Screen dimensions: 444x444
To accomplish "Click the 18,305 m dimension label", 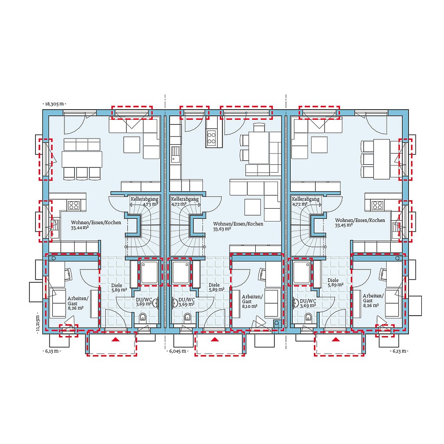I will [x=54, y=103].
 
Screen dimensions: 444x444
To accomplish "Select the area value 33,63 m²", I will [x=222, y=229].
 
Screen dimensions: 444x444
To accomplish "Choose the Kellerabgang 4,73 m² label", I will [x=144, y=202].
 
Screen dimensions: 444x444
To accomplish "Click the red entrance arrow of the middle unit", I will [x=215, y=340].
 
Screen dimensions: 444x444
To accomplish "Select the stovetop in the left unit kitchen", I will [x=73, y=205].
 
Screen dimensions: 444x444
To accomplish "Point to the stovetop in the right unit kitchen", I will [x=377, y=205].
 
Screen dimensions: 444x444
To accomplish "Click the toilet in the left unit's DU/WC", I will [x=143, y=317].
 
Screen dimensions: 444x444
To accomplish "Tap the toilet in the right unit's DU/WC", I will [x=308, y=317].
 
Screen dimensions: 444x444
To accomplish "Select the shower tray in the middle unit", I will [x=182, y=272].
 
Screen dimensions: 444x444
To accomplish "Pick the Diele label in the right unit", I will [x=333, y=281].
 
